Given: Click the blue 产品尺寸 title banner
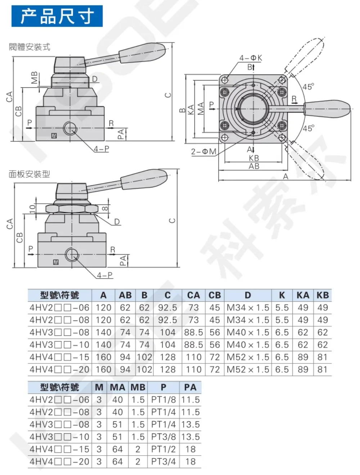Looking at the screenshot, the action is (x=57, y=16).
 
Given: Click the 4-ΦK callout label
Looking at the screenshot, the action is (x=251, y=58).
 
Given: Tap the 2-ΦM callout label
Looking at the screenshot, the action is (x=203, y=151).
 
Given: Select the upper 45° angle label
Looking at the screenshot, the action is (x=308, y=87).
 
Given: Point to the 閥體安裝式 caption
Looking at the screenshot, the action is (x=30, y=47).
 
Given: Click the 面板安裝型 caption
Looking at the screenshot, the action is (x=30, y=174).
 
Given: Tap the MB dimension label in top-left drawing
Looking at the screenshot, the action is (x=34, y=77).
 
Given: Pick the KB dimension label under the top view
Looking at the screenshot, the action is (x=254, y=158).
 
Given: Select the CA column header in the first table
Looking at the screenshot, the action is (x=193, y=295).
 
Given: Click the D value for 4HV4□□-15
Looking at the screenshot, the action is (x=248, y=357).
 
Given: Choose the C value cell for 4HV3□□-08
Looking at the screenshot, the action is (x=167, y=332).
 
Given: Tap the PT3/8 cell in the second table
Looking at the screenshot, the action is (x=163, y=437).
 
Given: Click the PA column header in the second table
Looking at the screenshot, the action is (x=190, y=387).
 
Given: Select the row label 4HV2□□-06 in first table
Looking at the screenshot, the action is (x=59, y=308).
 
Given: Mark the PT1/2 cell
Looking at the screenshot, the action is (x=163, y=449).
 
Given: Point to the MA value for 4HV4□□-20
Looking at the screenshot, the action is (x=117, y=461).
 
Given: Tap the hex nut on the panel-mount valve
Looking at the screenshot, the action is (x=71, y=209).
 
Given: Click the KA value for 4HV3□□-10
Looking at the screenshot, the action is (x=303, y=345).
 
